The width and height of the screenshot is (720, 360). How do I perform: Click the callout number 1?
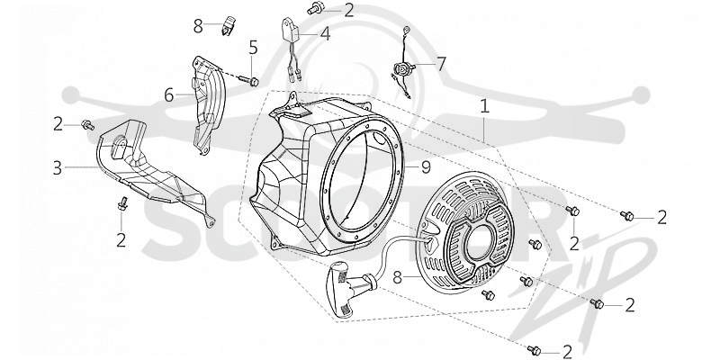484,106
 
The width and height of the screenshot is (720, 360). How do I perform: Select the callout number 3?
58,168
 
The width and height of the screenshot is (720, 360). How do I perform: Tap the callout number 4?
325,33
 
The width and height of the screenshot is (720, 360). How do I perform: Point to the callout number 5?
254,47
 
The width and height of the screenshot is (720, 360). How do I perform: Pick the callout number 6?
169,95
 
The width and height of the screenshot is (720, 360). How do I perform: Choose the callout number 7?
441,64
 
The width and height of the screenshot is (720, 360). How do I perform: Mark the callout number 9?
426,167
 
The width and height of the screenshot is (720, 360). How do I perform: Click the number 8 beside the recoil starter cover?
398,277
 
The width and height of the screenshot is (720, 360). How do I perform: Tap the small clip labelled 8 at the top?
229,25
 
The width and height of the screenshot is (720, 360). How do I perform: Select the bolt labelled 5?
249,81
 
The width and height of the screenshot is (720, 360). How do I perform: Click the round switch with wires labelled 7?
401,70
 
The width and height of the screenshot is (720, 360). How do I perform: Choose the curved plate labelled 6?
209,104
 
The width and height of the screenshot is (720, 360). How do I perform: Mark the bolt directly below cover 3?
121,203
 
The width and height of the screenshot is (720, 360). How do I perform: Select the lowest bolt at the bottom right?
534,350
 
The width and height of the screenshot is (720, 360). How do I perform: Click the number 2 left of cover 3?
58,124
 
